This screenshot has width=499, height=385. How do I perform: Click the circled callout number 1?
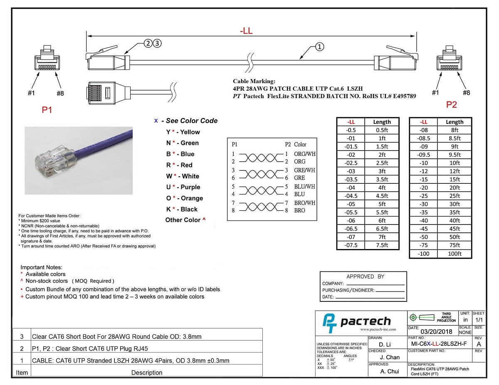point(319,47)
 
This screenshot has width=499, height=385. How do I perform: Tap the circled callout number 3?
point(157,43)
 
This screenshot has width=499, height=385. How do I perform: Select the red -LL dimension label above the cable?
point(247,31)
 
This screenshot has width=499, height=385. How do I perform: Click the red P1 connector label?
point(47,110)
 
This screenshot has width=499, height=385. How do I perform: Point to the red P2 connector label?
point(452,105)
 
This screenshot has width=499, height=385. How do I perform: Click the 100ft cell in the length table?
point(455,254)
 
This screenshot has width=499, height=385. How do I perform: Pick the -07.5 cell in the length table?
point(351,245)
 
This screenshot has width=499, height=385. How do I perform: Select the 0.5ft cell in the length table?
point(382,130)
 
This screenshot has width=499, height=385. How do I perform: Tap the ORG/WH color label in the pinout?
point(305,154)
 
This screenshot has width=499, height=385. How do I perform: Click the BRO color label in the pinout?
point(300,210)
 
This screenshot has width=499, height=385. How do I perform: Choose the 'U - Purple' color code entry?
point(183,187)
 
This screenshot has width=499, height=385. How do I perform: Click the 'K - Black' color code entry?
point(182,209)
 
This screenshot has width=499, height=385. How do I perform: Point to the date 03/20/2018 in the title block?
point(436,331)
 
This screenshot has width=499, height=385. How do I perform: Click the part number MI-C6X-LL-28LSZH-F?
point(439,344)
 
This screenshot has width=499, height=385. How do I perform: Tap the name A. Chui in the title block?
point(390,371)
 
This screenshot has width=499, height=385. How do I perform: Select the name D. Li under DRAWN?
point(385,344)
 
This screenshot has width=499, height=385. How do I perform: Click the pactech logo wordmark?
point(366,321)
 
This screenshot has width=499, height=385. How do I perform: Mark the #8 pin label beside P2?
point(467,93)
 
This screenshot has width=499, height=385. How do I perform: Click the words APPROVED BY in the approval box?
point(366,276)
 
